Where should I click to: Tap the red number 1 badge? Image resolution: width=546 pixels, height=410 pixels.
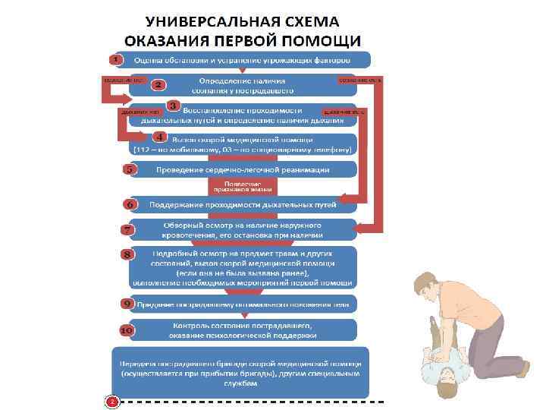pos(115,58)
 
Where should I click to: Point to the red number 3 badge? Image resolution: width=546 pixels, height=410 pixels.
pos(173,106)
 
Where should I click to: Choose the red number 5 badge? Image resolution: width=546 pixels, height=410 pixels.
pos(130,169)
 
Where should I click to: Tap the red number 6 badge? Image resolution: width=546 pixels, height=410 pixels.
pos(130,204)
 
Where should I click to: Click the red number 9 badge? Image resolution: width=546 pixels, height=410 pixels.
pos(127,303)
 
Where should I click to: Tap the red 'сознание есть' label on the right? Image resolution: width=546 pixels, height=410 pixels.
pos(359,79)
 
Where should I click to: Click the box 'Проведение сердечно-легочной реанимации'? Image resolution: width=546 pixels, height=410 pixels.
pos(243,169)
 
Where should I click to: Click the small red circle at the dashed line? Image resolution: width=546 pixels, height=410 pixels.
pos(111,400)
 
